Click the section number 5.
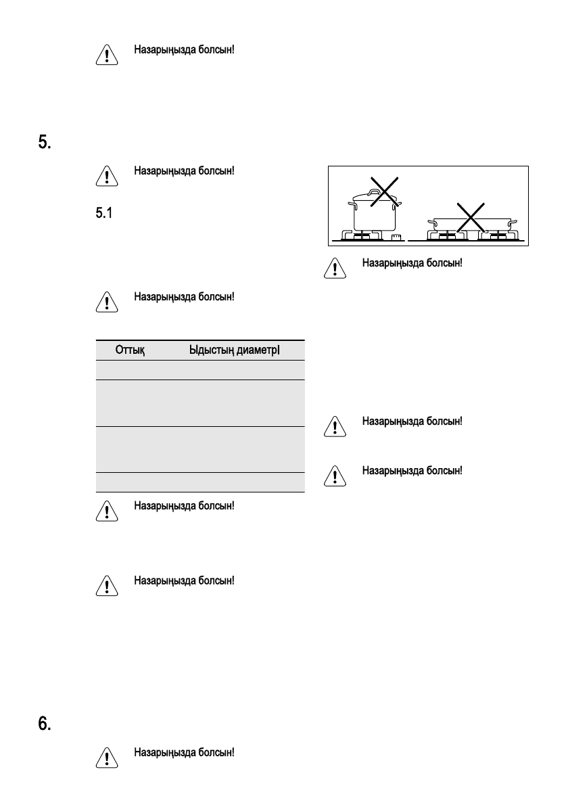pos(43,143)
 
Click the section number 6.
pos(43,723)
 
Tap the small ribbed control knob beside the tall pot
pos(397,236)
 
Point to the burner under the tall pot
pos(365,235)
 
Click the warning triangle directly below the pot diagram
pos(335,269)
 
